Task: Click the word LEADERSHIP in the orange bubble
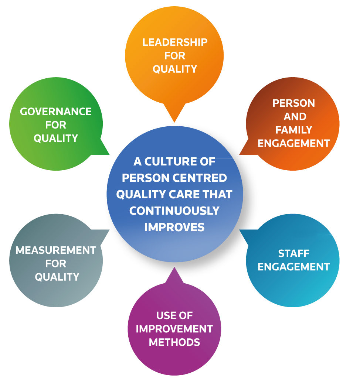point(175,42)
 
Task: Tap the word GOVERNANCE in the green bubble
point(56,112)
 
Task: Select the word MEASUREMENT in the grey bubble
point(56,250)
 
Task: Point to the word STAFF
point(293,253)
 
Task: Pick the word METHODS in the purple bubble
point(174,342)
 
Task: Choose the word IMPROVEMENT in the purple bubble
point(174,329)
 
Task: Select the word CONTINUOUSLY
point(174,211)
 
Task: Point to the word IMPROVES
point(174,227)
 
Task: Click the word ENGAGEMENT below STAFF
point(293,267)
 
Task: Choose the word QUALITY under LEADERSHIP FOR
point(175,69)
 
